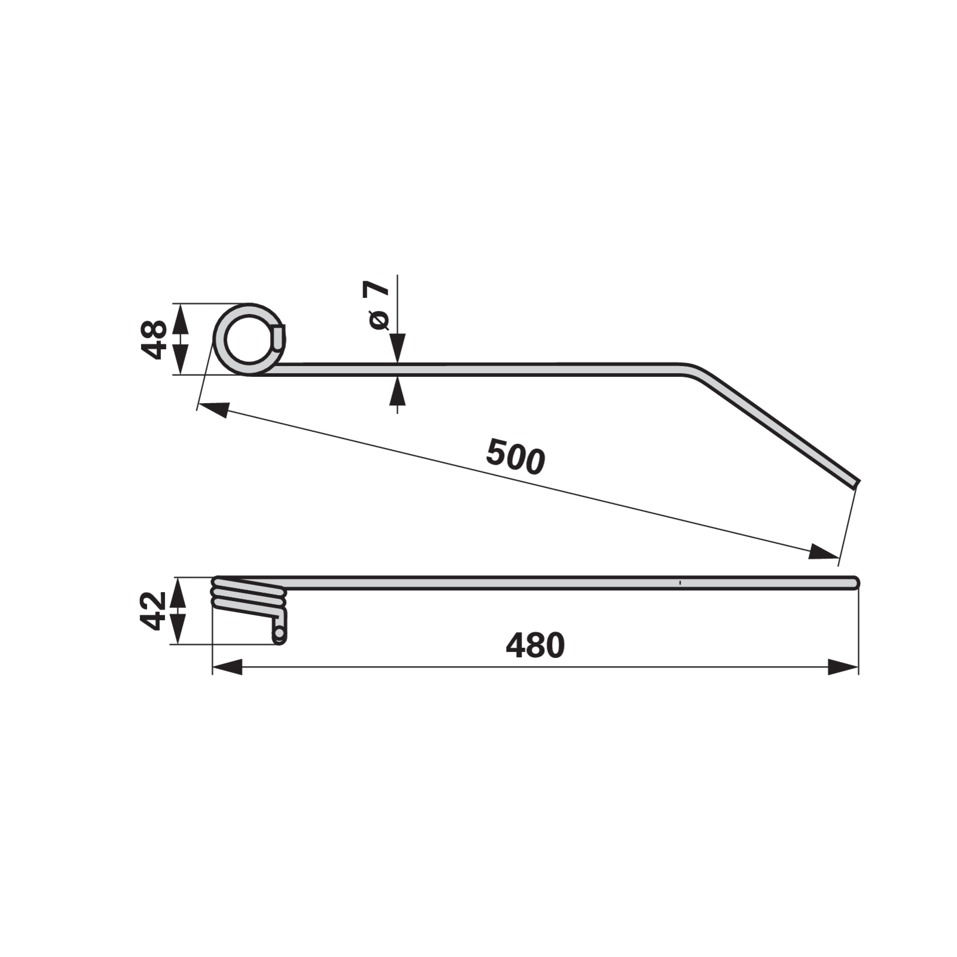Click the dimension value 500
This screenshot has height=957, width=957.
coord(516,456)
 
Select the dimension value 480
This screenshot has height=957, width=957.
coord(535,645)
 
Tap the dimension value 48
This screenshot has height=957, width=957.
coord(154,339)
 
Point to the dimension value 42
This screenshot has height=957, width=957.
coord(153,611)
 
